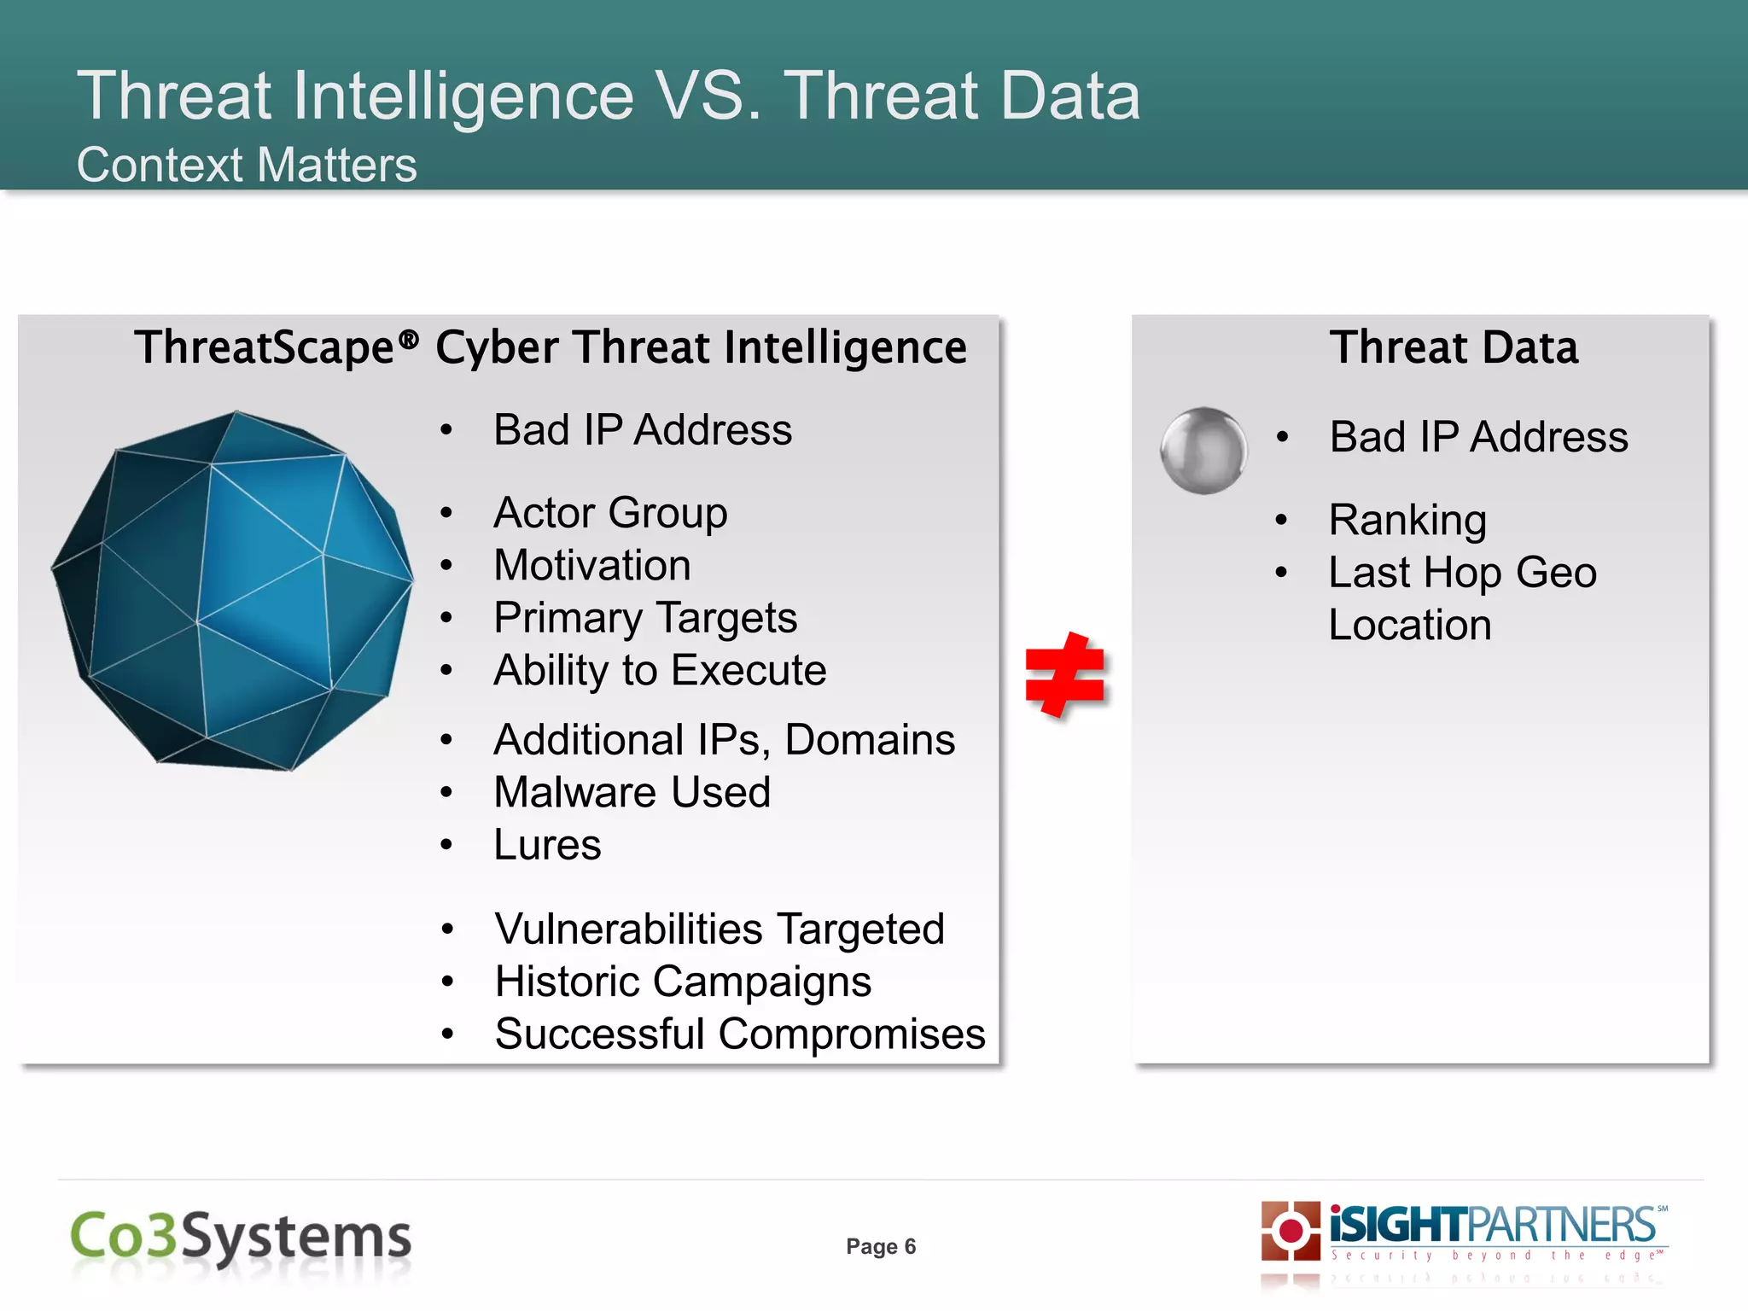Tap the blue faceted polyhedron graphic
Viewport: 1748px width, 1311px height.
pyautogui.click(x=232, y=591)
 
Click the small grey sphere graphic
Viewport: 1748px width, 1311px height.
pyautogui.click(x=1203, y=450)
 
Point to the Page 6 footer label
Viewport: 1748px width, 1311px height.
pyautogui.click(x=881, y=1246)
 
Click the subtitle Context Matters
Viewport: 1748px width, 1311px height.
pyautogui.click(x=247, y=165)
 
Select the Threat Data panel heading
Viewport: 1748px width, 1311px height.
pyautogui.click(x=1454, y=347)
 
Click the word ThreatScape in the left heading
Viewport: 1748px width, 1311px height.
pyautogui.click(x=265, y=347)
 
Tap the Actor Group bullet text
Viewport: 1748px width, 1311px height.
pyautogui.click(x=610, y=513)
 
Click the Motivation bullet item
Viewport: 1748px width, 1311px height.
pyautogui.click(x=592, y=565)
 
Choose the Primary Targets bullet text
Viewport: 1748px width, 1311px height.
pyautogui.click(x=645, y=618)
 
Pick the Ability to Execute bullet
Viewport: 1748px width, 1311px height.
pyautogui.click(x=660, y=670)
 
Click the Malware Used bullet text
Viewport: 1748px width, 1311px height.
pyautogui.click(x=632, y=792)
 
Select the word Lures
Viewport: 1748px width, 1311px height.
pyautogui.click(x=547, y=845)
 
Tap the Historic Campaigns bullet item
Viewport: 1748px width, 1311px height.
pyautogui.click(x=683, y=982)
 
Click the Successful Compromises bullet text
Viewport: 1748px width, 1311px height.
pyautogui.click(x=739, y=1034)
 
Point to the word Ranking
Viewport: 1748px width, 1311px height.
pyautogui.click(x=1407, y=520)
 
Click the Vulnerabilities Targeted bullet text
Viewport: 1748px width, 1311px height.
pyautogui.click(x=720, y=929)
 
